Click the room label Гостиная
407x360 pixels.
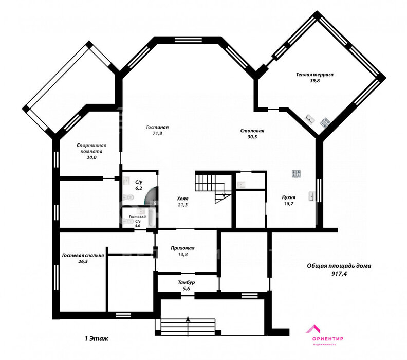click(x=157, y=127)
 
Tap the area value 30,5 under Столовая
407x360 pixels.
click(x=252, y=137)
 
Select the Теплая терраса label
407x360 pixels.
click(x=314, y=75)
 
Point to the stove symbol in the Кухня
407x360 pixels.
click(x=296, y=174)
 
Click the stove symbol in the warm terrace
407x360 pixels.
click(x=325, y=122)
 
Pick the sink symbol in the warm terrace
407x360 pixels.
click(x=310, y=119)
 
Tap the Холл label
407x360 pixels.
click(x=183, y=199)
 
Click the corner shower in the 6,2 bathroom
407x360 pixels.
click(x=151, y=195)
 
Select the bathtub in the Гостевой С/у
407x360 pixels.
click(x=152, y=218)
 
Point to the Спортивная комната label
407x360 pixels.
click(x=91, y=148)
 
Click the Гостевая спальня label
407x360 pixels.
click(x=83, y=255)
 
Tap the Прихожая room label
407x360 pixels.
click(x=182, y=248)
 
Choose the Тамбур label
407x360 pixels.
click(x=187, y=282)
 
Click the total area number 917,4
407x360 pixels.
click(x=339, y=273)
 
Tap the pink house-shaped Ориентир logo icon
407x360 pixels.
click(x=313, y=329)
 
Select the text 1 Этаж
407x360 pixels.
click(x=96, y=339)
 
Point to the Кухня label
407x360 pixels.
click(x=289, y=197)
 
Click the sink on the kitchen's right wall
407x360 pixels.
click(x=311, y=196)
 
